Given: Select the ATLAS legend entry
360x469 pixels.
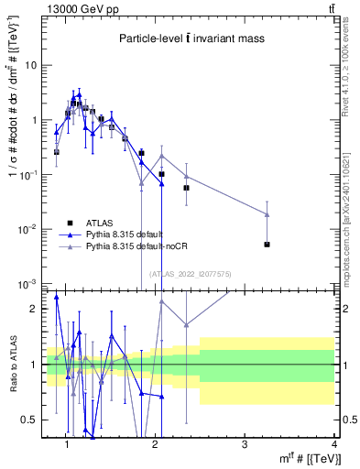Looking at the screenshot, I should tap(102, 224).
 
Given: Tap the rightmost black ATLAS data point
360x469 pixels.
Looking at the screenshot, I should tap(267, 245).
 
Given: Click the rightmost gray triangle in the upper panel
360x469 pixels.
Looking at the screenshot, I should tap(267, 214).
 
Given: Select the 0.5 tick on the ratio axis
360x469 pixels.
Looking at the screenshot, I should tap(34, 420).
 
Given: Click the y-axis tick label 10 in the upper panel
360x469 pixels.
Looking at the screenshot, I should tap(31, 65).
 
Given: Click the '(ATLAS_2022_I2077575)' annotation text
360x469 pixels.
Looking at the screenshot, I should tap(191, 273).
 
